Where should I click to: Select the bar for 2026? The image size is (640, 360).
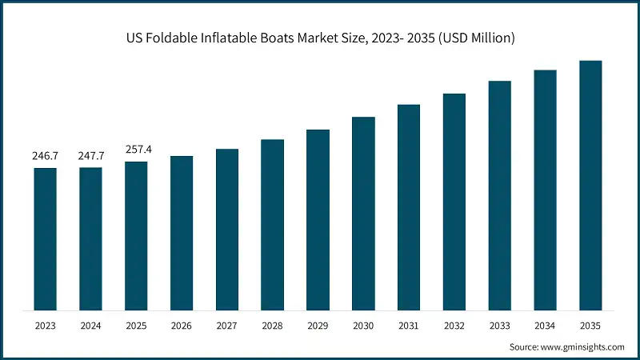pyautogui.click(x=182, y=233)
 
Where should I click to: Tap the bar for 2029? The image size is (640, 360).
pyautogui.click(x=318, y=220)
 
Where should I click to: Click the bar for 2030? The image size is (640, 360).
pyautogui.click(x=363, y=214)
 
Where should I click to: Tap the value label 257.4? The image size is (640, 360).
pyautogui.click(x=136, y=150)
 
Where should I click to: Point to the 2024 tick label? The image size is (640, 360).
pyautogui.click(x=90, y=326)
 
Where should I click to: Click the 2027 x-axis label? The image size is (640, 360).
pyautogui.click(x=227, y=326)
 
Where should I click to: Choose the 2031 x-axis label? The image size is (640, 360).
pyautogui.click(x=409, y=326)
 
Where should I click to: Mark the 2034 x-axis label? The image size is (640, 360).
pyautogui.click(x=545, y=326)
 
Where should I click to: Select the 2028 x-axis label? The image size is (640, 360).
pyautogui.click(x=273, y=326)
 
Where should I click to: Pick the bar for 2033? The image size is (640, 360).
pyautogui.click(x=500, y=195)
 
